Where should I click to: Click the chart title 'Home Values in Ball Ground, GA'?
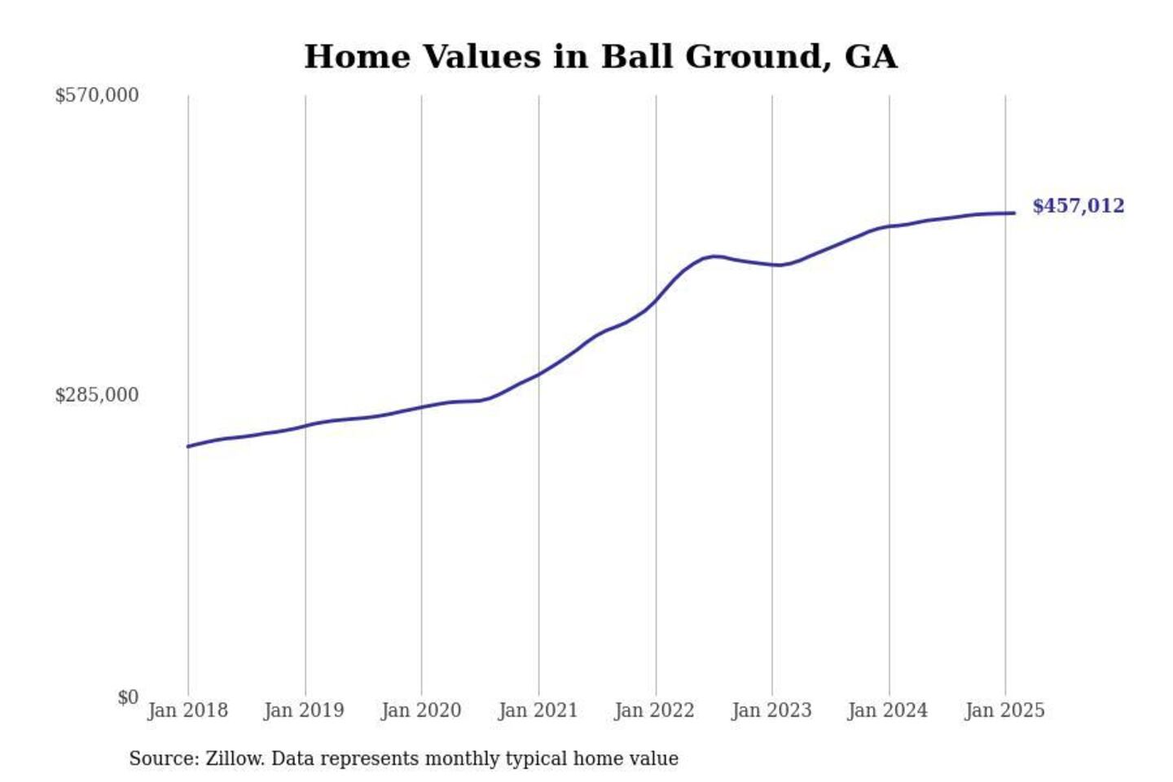click(600, 57)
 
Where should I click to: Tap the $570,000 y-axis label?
click(97, 95)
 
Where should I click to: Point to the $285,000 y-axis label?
click(97, 395)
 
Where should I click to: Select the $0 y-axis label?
click(128, 697)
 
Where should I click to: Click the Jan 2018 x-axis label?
click(187, 710)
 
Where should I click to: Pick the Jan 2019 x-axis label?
click(304, 710)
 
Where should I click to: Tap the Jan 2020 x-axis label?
click(421, 710)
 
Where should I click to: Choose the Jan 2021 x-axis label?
click(538, 710)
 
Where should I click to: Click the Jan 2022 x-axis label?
click(654, 710)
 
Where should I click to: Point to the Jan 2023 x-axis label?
click(771, 710)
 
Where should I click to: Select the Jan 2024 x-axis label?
click(887, 710)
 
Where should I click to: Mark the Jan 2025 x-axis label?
click(1004, 710)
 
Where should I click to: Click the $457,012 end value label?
click(1078, 206)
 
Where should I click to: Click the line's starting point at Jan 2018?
click(188, 446)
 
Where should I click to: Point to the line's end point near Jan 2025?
click(1014, 213)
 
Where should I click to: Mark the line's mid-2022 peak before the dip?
click(714, 257)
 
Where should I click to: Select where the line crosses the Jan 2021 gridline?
click(538, 375)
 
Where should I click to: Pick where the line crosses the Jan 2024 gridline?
click(890, 226)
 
